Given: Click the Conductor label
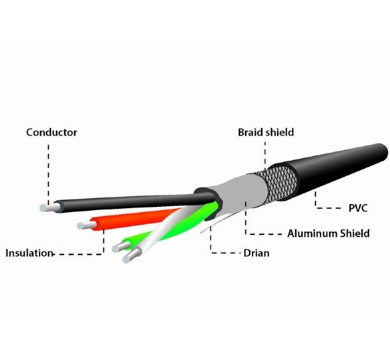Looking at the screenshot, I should click(x=52, y=132).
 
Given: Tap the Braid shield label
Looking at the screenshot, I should click(x=265, y=132).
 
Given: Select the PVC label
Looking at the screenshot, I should click(x=358, y=209).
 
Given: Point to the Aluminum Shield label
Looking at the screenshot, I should click(x=328, y=233).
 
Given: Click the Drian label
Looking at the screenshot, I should click(x=256, y=253).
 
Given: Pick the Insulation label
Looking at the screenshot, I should click(x=29, y=253).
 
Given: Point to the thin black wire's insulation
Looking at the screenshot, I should click(x=120, y=202).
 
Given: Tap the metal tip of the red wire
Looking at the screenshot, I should click(x=83, y=226).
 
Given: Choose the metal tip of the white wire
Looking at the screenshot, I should click(x=128, y=259).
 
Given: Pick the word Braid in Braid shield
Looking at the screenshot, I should click(x=250, y=132).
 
